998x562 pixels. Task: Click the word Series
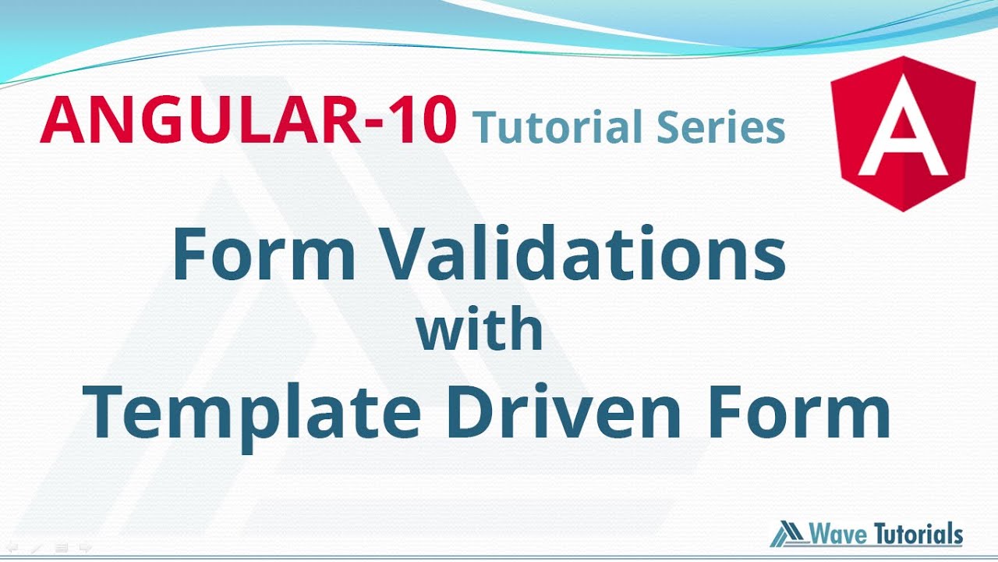coord(720,127)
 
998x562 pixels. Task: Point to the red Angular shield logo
coord(903,133)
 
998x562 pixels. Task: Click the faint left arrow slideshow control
coord(12,547)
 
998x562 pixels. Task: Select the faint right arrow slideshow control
coord(86,547)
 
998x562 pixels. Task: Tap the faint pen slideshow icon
coord(37,547)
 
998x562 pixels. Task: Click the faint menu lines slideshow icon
coord(62,547)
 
